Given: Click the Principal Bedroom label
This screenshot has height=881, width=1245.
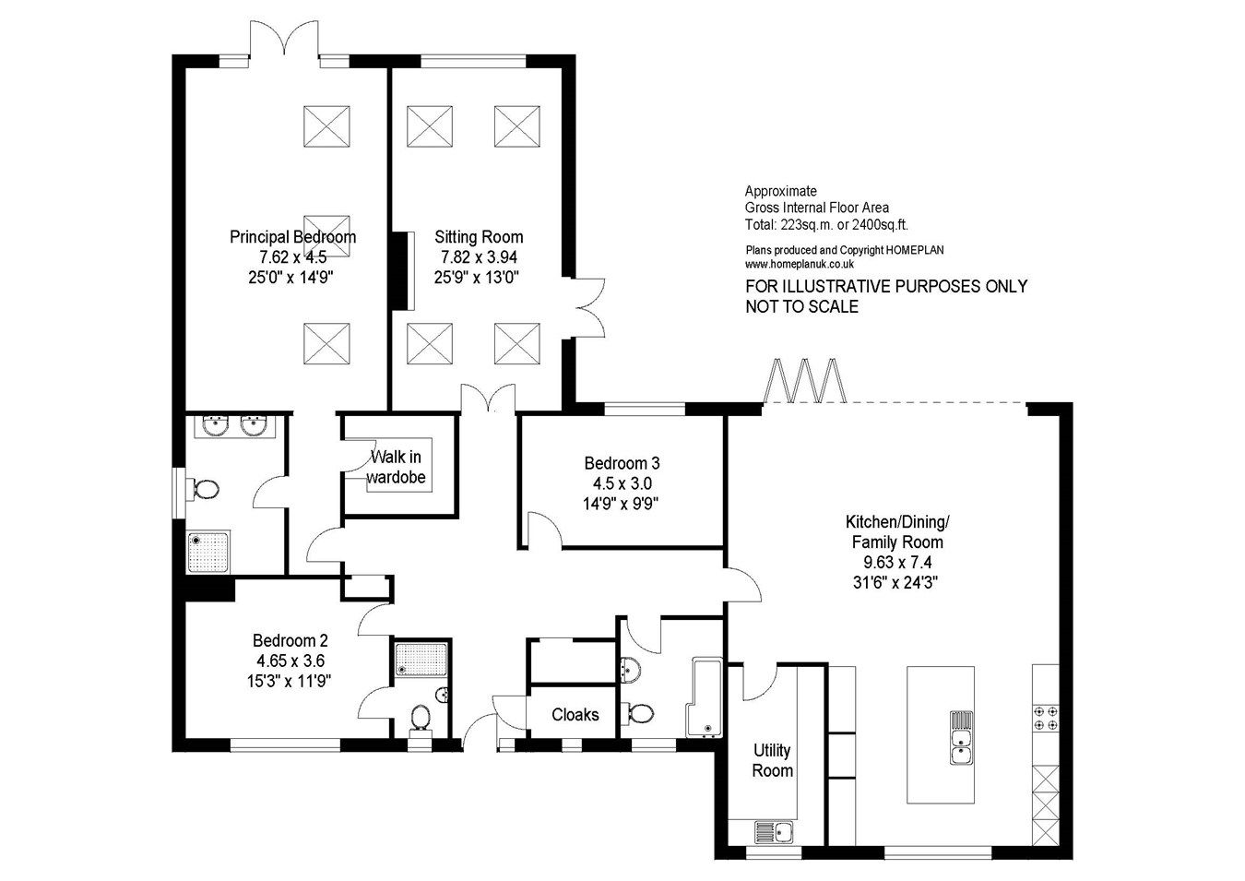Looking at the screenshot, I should [292, 237].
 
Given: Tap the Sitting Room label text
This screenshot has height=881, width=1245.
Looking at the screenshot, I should [479, 237].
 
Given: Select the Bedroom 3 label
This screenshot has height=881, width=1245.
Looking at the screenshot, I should [622, 463].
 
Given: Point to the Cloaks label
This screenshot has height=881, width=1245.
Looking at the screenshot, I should [575, 714].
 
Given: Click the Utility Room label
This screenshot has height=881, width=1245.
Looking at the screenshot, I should [772, 760].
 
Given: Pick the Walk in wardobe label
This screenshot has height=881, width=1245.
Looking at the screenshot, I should [397, 467].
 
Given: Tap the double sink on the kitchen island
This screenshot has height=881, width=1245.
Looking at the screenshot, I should [959, 738].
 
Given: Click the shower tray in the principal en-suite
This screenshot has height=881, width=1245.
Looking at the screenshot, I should [208, 553].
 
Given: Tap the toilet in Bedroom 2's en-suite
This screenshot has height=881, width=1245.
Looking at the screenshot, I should [421, 716].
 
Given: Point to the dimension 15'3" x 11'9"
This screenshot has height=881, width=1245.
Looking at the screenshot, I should [290, 681].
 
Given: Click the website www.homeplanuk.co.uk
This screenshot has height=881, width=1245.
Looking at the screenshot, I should [800, 264].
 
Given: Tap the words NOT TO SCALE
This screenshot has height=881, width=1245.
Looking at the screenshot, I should [801, 306].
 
